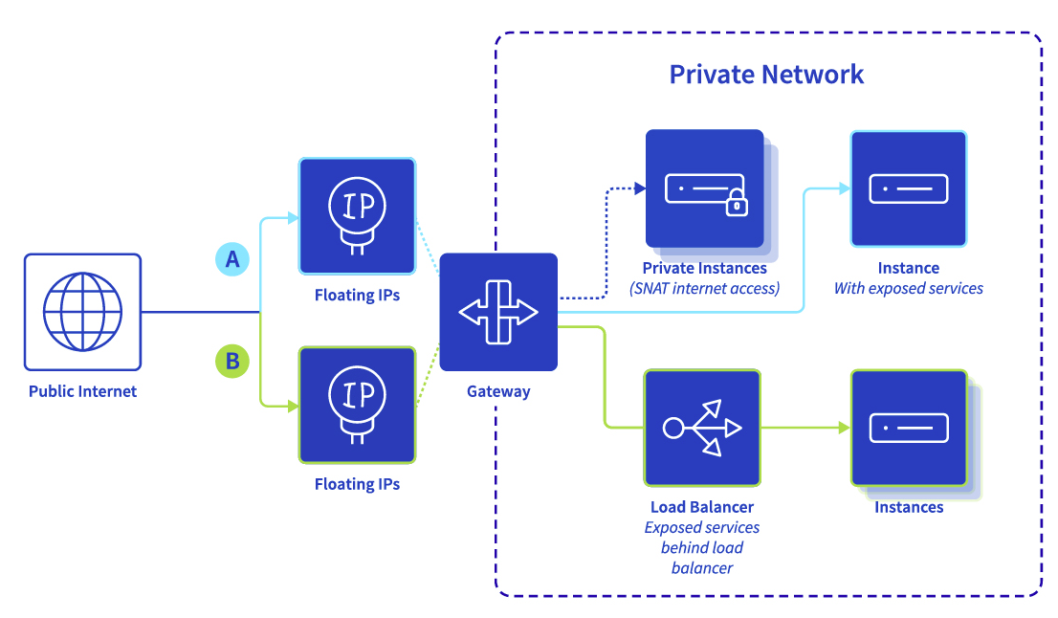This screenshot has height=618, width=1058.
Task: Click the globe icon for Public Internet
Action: click(82, 312)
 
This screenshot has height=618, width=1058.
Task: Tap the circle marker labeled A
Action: click(231, 259)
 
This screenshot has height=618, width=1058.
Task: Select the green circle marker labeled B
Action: click(231, 362)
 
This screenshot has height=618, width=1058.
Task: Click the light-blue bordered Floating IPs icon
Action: click(357, 216)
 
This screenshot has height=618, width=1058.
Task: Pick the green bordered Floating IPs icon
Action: click(357, 405)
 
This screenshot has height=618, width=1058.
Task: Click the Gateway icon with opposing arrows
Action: click(498, 313)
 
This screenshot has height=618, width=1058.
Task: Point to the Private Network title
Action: click(766, 75)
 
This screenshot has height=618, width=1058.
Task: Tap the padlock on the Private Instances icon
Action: click(735, 202)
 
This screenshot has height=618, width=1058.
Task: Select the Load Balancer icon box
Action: click(702, 428)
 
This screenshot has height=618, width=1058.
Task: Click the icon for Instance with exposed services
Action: click(908, 188)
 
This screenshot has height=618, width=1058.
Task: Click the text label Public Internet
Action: click(82, 391)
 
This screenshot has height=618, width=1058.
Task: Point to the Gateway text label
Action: click(498, 391)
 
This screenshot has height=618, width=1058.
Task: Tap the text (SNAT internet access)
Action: click(704, 288)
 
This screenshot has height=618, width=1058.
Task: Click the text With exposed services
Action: click(908, 288)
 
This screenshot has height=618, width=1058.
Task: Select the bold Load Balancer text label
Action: click(702, 507)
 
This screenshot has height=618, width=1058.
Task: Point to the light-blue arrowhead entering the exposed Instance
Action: click(844, 188)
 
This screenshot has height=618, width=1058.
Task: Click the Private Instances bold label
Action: click(704, 269)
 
